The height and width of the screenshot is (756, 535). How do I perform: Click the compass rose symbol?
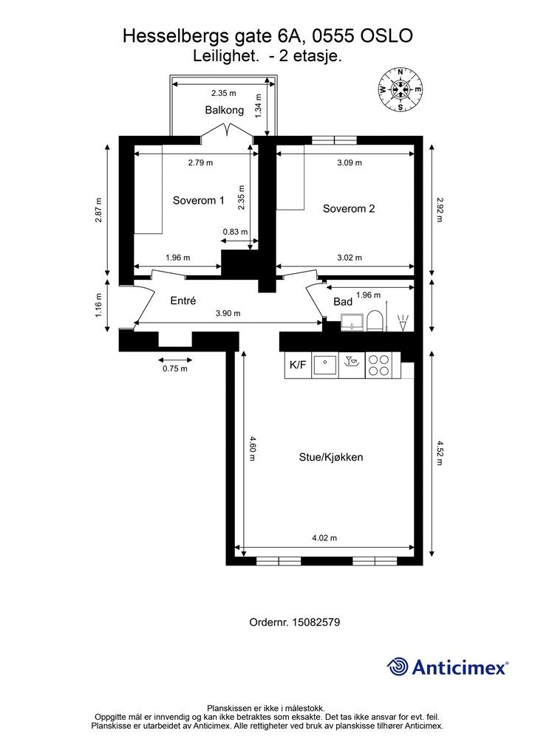400,89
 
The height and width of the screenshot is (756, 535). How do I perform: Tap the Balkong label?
225,110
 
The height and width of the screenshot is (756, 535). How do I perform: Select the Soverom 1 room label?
198,200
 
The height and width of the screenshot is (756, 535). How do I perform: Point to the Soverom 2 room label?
349,208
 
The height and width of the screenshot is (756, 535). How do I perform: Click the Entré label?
183,300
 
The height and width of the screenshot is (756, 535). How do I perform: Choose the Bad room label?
343,301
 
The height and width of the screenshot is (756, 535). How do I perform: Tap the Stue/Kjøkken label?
331,457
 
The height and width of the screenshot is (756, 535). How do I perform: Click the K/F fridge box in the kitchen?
298,365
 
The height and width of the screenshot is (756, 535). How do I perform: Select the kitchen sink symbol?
324,365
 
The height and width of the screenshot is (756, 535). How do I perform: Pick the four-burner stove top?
378,365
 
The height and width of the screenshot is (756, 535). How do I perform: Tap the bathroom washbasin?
352,322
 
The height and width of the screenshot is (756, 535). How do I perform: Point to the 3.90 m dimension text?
228,313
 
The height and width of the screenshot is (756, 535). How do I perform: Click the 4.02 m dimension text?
324,537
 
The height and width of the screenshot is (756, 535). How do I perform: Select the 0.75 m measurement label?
174,368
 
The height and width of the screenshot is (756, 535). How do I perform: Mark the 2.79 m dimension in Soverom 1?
200,162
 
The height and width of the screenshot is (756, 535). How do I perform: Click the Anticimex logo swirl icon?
397,667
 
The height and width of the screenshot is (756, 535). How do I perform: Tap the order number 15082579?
317,622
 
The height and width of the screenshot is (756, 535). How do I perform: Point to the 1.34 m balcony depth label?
259,106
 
